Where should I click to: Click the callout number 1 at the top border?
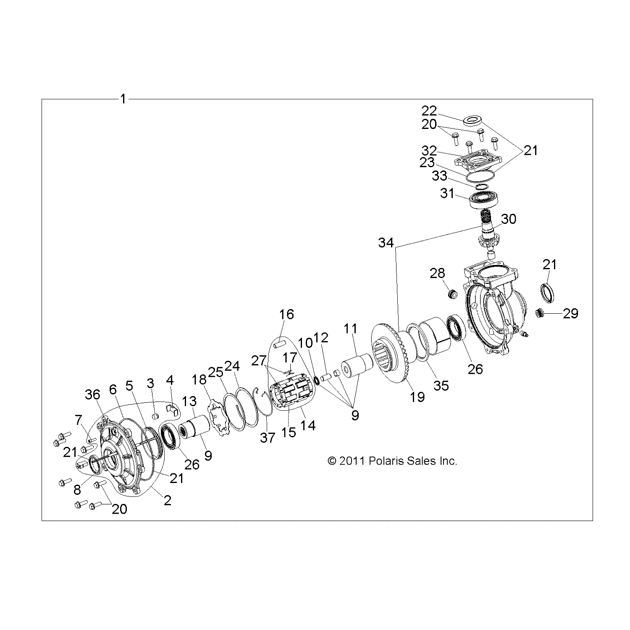click(123, 100)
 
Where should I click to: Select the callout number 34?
click(386, 243)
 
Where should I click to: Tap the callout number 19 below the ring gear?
click(417, 396)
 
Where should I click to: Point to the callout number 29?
click(570, 313)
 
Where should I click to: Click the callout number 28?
click(437, 273)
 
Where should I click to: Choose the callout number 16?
click(287, 314)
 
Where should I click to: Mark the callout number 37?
click(267, 438)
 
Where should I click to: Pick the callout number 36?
click(93, 394)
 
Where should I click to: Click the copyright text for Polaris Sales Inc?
click(392, 461)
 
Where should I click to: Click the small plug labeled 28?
click(452, 294)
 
